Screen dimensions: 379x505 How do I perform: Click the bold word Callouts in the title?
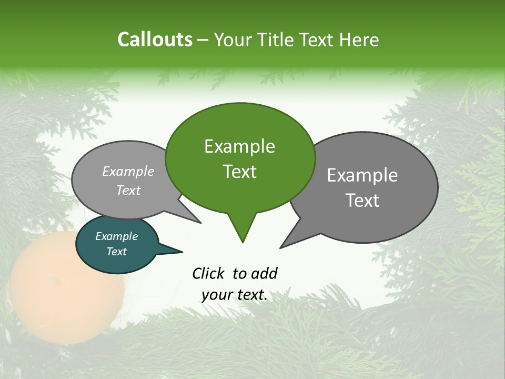click(155, 39)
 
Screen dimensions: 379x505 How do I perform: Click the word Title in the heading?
click(278, 40)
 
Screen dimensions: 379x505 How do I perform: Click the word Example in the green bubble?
click(239, 146)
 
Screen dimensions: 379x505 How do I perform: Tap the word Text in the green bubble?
click(240, 172)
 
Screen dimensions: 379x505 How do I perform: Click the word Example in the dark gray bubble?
click(362, 175)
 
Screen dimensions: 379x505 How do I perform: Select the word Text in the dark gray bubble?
click(362, 201)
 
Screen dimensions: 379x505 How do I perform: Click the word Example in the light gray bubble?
click(128, 171)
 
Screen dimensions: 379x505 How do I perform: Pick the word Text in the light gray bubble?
click(128, 190)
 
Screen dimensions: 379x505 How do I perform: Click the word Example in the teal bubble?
click(116, 236)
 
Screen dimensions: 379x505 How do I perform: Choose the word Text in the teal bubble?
click(116, 252)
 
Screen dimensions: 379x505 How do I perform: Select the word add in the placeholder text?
click(264, 273)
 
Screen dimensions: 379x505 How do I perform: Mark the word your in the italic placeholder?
click(217, 295)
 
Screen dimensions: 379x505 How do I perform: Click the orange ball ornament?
click(66, 287)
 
